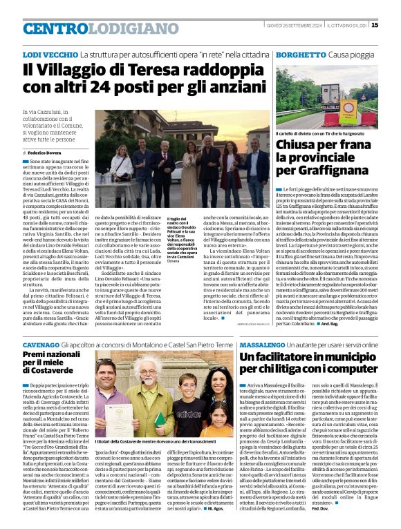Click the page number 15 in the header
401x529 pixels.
click(x=393, y=25)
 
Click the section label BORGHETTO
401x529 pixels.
click(x=301, y=54)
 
